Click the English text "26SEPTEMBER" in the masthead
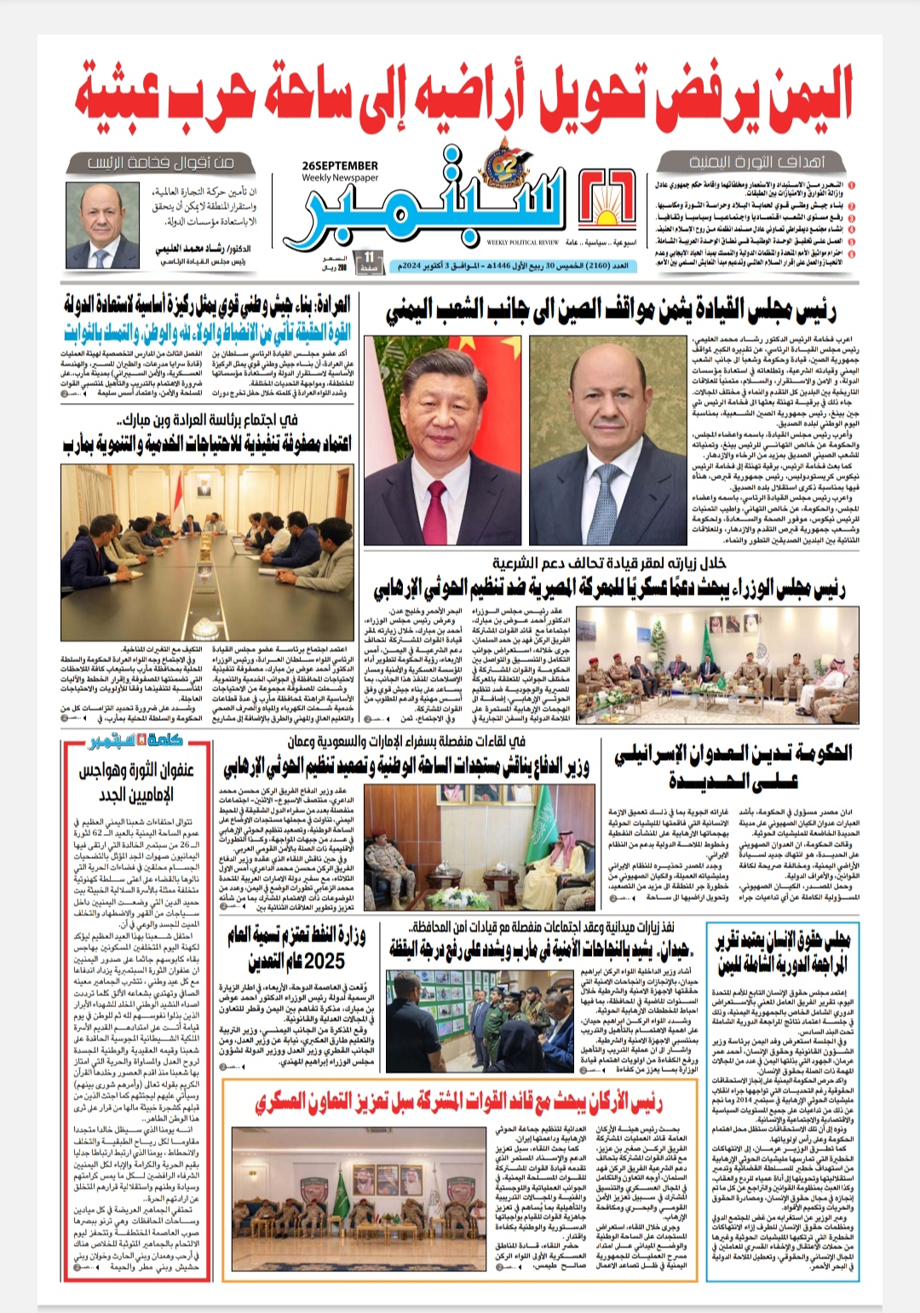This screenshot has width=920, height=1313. click(x=340, y=166)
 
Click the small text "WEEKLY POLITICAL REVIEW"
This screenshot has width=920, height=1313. click(x=523, y=243)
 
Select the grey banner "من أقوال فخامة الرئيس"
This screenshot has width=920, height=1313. click(x=160, y=162)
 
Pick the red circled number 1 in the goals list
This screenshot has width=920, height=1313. click(x=851, y=184)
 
